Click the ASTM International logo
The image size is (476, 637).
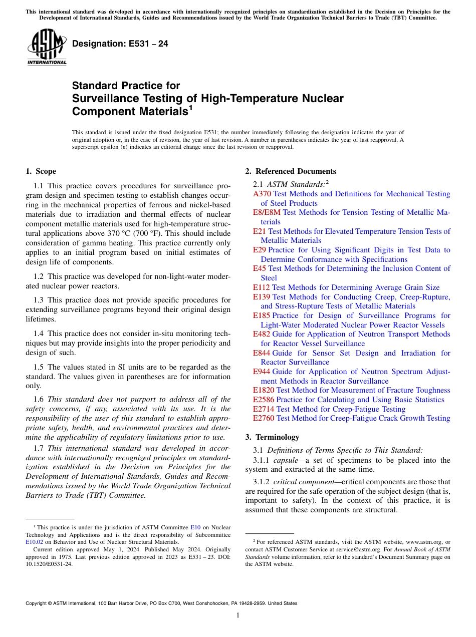(47, 48)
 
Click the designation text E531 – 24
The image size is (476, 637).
(120, 44)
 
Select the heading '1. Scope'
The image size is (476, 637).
(41, 171)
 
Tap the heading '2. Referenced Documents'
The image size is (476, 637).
(291, 171)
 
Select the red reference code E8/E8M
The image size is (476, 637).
(267, 212)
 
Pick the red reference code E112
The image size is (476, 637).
(262, 287)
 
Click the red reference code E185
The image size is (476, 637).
(262, 315)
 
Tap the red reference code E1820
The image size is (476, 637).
(264, 390)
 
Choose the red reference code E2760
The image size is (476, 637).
(264, 418)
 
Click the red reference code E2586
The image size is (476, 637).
(264, 400)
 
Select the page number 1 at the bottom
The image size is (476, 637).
(238, 615)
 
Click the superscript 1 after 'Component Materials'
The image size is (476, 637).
(190, 107)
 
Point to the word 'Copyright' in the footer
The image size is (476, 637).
(38, 603)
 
